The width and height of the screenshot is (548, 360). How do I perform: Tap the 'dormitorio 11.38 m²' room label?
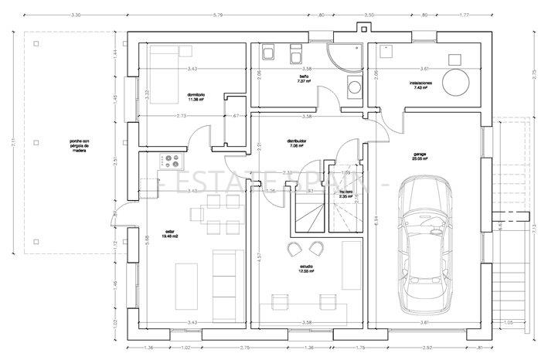click(196, 97)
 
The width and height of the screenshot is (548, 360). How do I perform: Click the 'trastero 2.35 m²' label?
click(345, 194)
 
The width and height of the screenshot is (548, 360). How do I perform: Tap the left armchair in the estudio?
click(294, 248)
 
